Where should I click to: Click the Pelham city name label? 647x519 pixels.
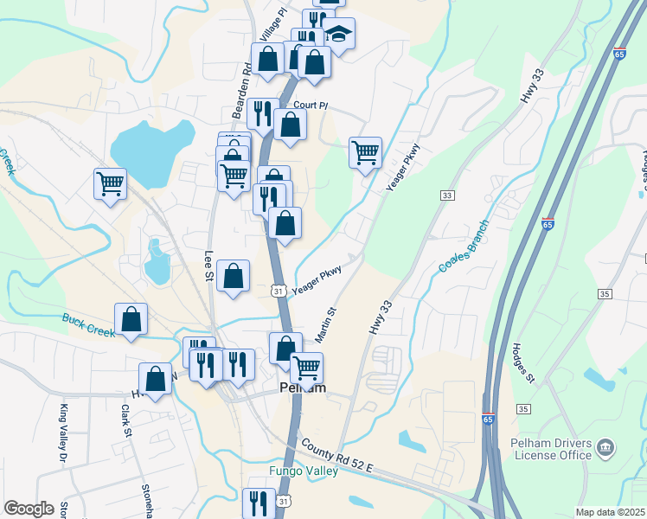click(303, 388)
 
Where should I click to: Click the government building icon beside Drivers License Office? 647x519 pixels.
click(606, 448)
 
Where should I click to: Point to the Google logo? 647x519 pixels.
click(29, 509)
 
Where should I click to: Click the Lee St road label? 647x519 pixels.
click(208, 266)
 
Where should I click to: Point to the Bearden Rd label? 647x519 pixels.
click(246, 78)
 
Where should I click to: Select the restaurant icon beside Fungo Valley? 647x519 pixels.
click(259, 502)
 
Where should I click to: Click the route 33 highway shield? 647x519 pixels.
click(447, 196)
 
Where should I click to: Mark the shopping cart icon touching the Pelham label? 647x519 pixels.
click(306, 367)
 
